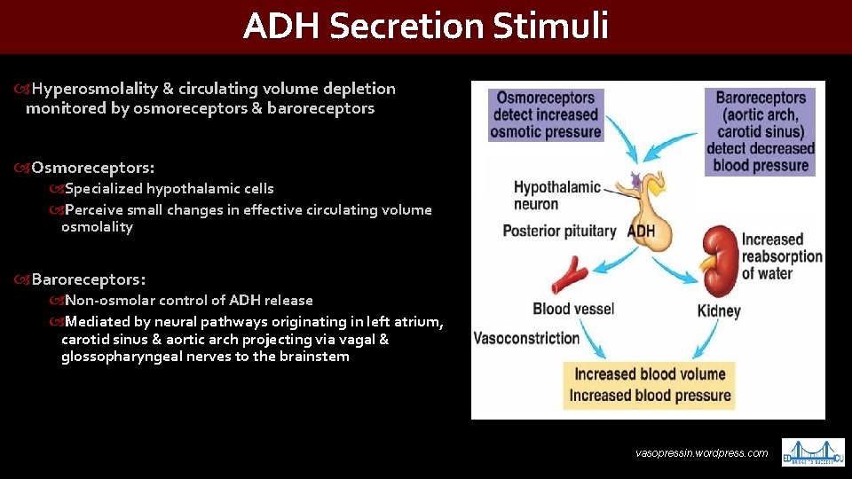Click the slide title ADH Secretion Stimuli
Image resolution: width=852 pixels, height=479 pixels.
pos(426,27)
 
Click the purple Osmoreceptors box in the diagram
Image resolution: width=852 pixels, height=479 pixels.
pos(546,114)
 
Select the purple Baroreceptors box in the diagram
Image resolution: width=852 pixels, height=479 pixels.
pos(761,131)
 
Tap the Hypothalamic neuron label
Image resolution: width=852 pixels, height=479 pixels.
pos(556,195)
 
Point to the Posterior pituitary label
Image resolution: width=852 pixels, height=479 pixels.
pos(559,232)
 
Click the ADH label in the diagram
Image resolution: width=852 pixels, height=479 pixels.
pos(642,232)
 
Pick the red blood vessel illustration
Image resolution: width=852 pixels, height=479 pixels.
pos(570,275)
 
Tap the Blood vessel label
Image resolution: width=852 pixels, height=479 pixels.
pos(573,309)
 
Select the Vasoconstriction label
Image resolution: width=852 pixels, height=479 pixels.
pos(526,338)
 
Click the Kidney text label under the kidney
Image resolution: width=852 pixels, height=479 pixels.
pos(719,311)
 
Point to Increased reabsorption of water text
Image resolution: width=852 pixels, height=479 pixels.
pos(782,256)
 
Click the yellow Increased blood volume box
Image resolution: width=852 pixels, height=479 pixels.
pos(651,374)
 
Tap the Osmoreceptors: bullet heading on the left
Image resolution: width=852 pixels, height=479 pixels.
pos(92,167)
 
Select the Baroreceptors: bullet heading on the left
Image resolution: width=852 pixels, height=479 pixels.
pos(89,279)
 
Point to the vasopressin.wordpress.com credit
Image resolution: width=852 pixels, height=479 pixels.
pos(701,453)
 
